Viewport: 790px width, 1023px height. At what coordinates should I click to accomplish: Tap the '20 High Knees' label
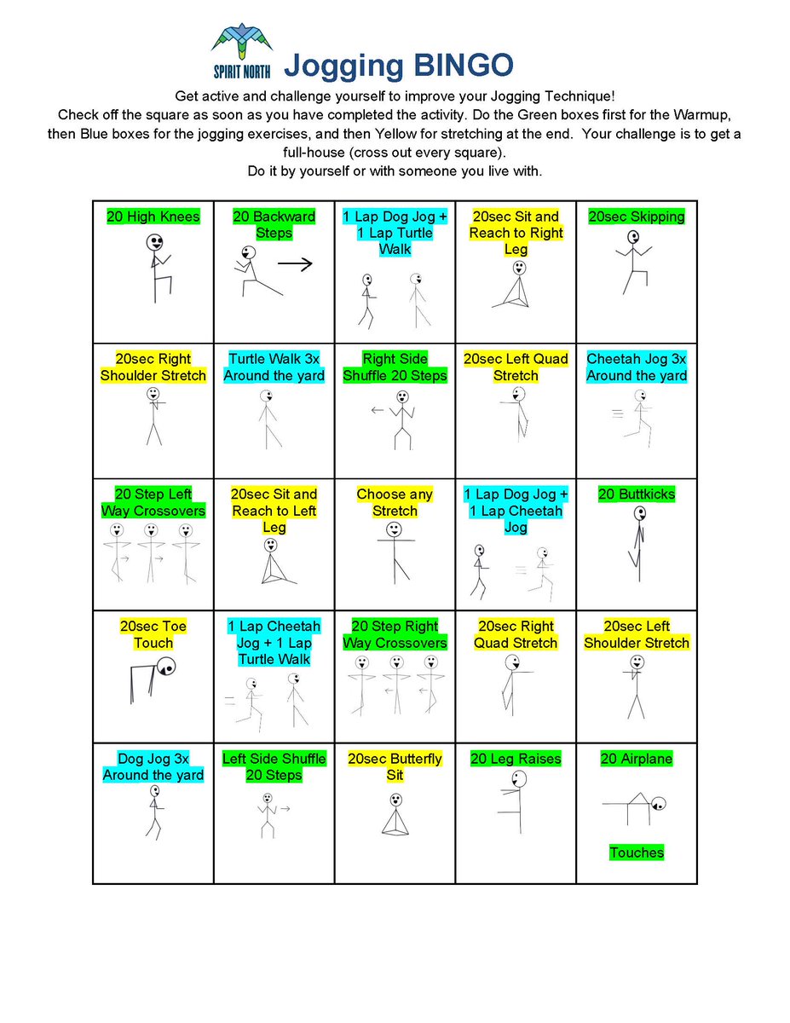click(153, 217)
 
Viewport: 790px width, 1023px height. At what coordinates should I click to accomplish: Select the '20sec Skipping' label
click(637, 217)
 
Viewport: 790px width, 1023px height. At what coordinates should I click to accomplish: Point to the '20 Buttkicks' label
click(637, 494)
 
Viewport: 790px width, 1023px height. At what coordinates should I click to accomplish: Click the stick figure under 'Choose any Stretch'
click(394, 552)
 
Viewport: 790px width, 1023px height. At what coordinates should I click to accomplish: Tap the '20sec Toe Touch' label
click(153, 634)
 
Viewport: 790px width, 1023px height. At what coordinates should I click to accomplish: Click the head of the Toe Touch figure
click(167, 666)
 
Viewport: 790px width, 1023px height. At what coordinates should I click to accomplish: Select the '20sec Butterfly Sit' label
click(395, 766)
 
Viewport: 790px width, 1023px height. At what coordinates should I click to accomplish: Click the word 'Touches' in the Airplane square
click(637, 852)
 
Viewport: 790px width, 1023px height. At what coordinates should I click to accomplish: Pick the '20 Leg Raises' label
click(516, 759)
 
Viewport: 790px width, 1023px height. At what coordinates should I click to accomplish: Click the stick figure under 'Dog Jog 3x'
click(153, 812)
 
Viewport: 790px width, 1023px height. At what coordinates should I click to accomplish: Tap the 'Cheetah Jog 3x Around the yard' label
click(637, 367)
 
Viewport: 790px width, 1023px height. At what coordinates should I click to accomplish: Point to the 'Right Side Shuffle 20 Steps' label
click(395, 367)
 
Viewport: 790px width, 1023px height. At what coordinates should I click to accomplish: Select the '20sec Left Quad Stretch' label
click(516, 367)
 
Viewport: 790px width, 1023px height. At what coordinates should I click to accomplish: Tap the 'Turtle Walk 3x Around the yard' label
click(274, 367)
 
